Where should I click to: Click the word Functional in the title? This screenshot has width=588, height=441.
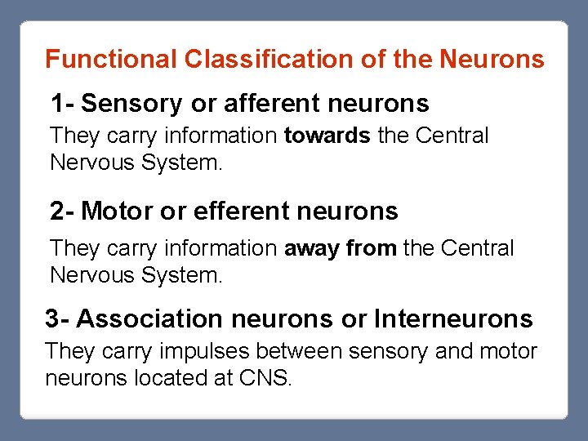(x=111, y=60)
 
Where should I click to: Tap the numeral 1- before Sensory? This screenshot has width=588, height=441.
(x=62, y=104)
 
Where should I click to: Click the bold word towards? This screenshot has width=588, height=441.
(x=327, y=136)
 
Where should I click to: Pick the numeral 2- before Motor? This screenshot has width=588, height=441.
(x=62, y=212)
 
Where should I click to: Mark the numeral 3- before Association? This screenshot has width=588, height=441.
(x=57, y=318)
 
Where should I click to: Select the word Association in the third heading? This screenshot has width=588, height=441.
(x=149, y=318)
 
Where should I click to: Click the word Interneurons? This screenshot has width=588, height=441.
(x=453, y=318)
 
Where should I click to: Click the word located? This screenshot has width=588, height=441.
(x=174, y=379)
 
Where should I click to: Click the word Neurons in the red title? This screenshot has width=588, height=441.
(x=492, y=60)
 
